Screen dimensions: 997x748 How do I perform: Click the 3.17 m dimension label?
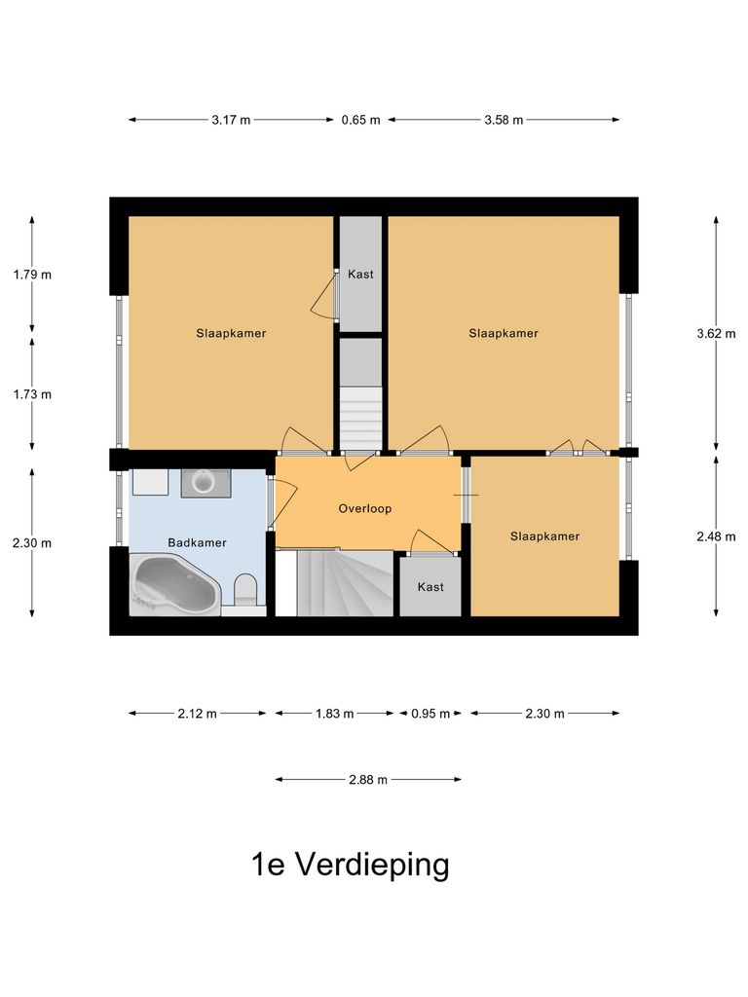click(231, 120)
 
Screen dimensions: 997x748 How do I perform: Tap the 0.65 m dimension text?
click(360, 120)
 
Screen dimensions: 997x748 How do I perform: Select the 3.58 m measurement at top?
click(504, 120)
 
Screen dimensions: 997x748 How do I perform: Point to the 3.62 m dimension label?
click(717, 333)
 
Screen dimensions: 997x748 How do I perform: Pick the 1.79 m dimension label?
click(32, 275)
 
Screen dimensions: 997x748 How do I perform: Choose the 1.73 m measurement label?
click(32, 394)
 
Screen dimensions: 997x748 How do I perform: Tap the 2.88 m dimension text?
click(368, 779)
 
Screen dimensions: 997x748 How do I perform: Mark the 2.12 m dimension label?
click(198, 714)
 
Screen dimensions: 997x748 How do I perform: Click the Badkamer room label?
click(197, 542)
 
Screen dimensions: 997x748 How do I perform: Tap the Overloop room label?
click(365, 508)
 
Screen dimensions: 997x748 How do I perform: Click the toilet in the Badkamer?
click(245, 590)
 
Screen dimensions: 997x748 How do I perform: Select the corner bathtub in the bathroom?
click(176, 585)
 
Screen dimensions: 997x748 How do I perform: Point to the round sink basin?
click(206, 481)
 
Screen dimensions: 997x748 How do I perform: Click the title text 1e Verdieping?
click(351, 864)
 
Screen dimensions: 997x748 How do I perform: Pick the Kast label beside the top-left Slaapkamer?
click(360, 275)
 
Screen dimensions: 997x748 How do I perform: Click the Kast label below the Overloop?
click(430, 587)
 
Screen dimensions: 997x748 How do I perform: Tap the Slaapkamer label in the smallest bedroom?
click(544, 536)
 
